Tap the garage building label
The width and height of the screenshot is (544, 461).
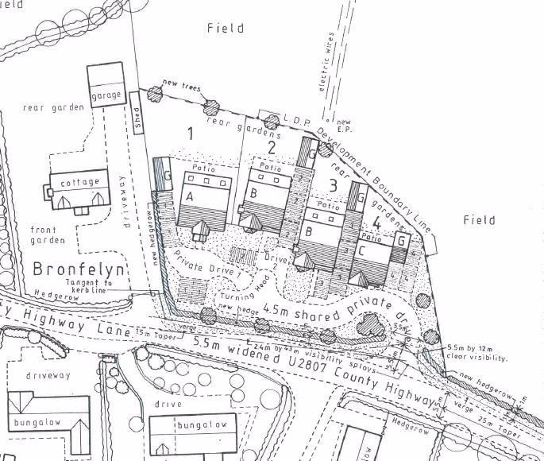point(106,95)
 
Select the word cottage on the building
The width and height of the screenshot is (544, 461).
point(80,182)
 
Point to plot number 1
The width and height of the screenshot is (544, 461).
point(190,134)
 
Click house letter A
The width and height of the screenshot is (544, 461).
point(191,196)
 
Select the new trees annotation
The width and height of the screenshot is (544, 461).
point(180,84)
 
